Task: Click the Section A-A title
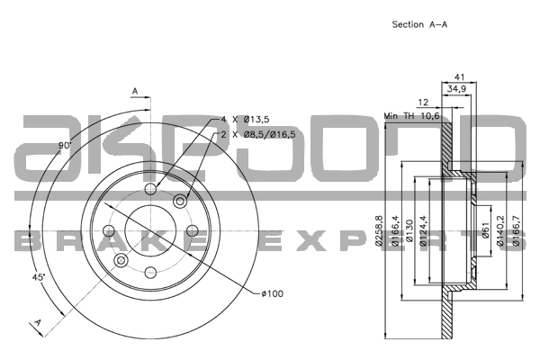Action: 419,24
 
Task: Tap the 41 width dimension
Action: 459,76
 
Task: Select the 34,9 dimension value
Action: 456,89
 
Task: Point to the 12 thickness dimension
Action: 423,103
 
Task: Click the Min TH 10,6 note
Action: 411,116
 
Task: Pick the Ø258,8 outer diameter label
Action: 379,230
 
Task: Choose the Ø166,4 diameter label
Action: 395,230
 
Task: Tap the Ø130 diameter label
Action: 409,230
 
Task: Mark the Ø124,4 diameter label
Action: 423,230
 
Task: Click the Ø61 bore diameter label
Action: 485,230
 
